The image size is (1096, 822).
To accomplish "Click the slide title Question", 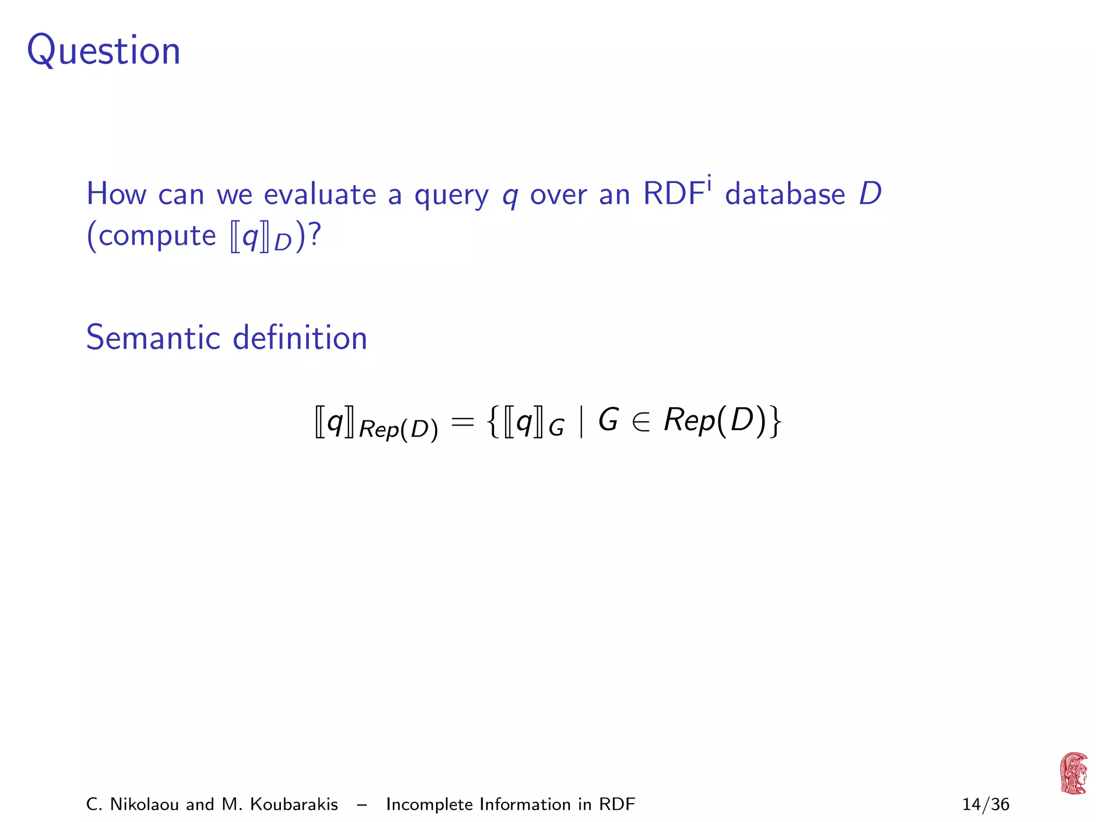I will pos(104,51).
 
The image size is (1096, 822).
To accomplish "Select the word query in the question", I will pos(451,195).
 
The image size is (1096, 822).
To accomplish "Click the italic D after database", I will pos(870,194).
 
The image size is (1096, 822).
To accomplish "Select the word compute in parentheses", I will pos(157,236).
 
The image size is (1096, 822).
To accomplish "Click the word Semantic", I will pos(153,338).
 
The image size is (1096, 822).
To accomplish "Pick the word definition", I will pos(300,338).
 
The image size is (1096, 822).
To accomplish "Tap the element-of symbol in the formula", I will pos(641,422).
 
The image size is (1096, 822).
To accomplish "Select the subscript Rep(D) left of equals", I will pos(398,430).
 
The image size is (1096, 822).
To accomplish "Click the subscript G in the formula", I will pos(557,429).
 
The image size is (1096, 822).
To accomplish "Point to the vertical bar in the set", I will pos(581,422).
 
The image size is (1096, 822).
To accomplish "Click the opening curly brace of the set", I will pos(493,422).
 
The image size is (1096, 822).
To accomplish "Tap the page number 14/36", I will pos(986,804).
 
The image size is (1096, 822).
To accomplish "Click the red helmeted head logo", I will pos(1073,773).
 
